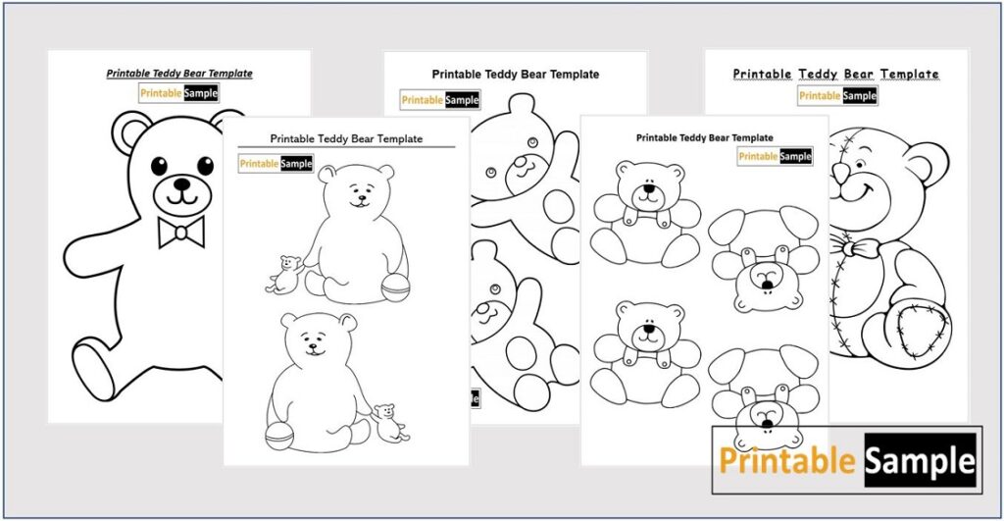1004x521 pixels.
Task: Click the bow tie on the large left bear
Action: [x=181, y=232]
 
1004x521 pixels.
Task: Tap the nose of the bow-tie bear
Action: [x=181, y=182]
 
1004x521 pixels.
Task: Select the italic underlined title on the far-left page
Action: [x=179, y=74]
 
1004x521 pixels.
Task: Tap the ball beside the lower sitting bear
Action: [x=280, y=433]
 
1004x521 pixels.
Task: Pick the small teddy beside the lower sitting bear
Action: [x=390, y=421]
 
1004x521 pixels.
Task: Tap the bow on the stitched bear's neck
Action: [x=861, y=247]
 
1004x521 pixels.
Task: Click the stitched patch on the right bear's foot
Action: [x=923, y=330]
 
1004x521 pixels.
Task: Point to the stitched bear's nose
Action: [x=840, y=175]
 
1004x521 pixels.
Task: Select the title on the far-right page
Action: [x=836, y=75]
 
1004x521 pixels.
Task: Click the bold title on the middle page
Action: [x=515, y=75]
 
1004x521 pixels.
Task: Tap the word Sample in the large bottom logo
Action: [x=921, y=460]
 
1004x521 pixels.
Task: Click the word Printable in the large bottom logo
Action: [x=788, y=460]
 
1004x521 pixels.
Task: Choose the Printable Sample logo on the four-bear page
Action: [x=775, y=157]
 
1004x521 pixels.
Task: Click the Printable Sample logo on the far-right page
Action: [x=837, y=96]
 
